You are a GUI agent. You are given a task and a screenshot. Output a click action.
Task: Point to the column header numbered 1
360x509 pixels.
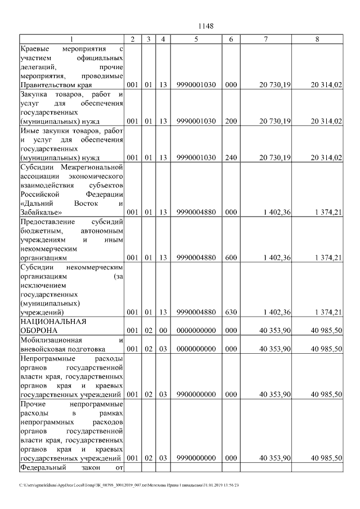click(71, 39)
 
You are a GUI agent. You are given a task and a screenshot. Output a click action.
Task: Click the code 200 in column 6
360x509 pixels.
click(231, 121)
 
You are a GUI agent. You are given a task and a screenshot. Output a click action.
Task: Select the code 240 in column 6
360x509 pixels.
click(231, 157)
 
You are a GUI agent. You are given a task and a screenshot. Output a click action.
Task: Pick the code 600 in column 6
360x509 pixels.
click(231, 258)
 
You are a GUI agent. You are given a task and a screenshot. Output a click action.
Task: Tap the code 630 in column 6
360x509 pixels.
click(231, 312)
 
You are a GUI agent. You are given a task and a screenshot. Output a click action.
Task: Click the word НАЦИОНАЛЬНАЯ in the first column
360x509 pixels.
click(52, 322)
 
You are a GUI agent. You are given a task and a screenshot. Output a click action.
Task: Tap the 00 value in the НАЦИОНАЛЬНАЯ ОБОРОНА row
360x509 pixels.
click(163, 331)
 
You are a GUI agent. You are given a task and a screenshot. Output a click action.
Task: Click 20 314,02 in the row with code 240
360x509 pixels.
click(326, 157)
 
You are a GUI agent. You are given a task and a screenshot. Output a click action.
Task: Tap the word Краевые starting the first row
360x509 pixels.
click(37, 48)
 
